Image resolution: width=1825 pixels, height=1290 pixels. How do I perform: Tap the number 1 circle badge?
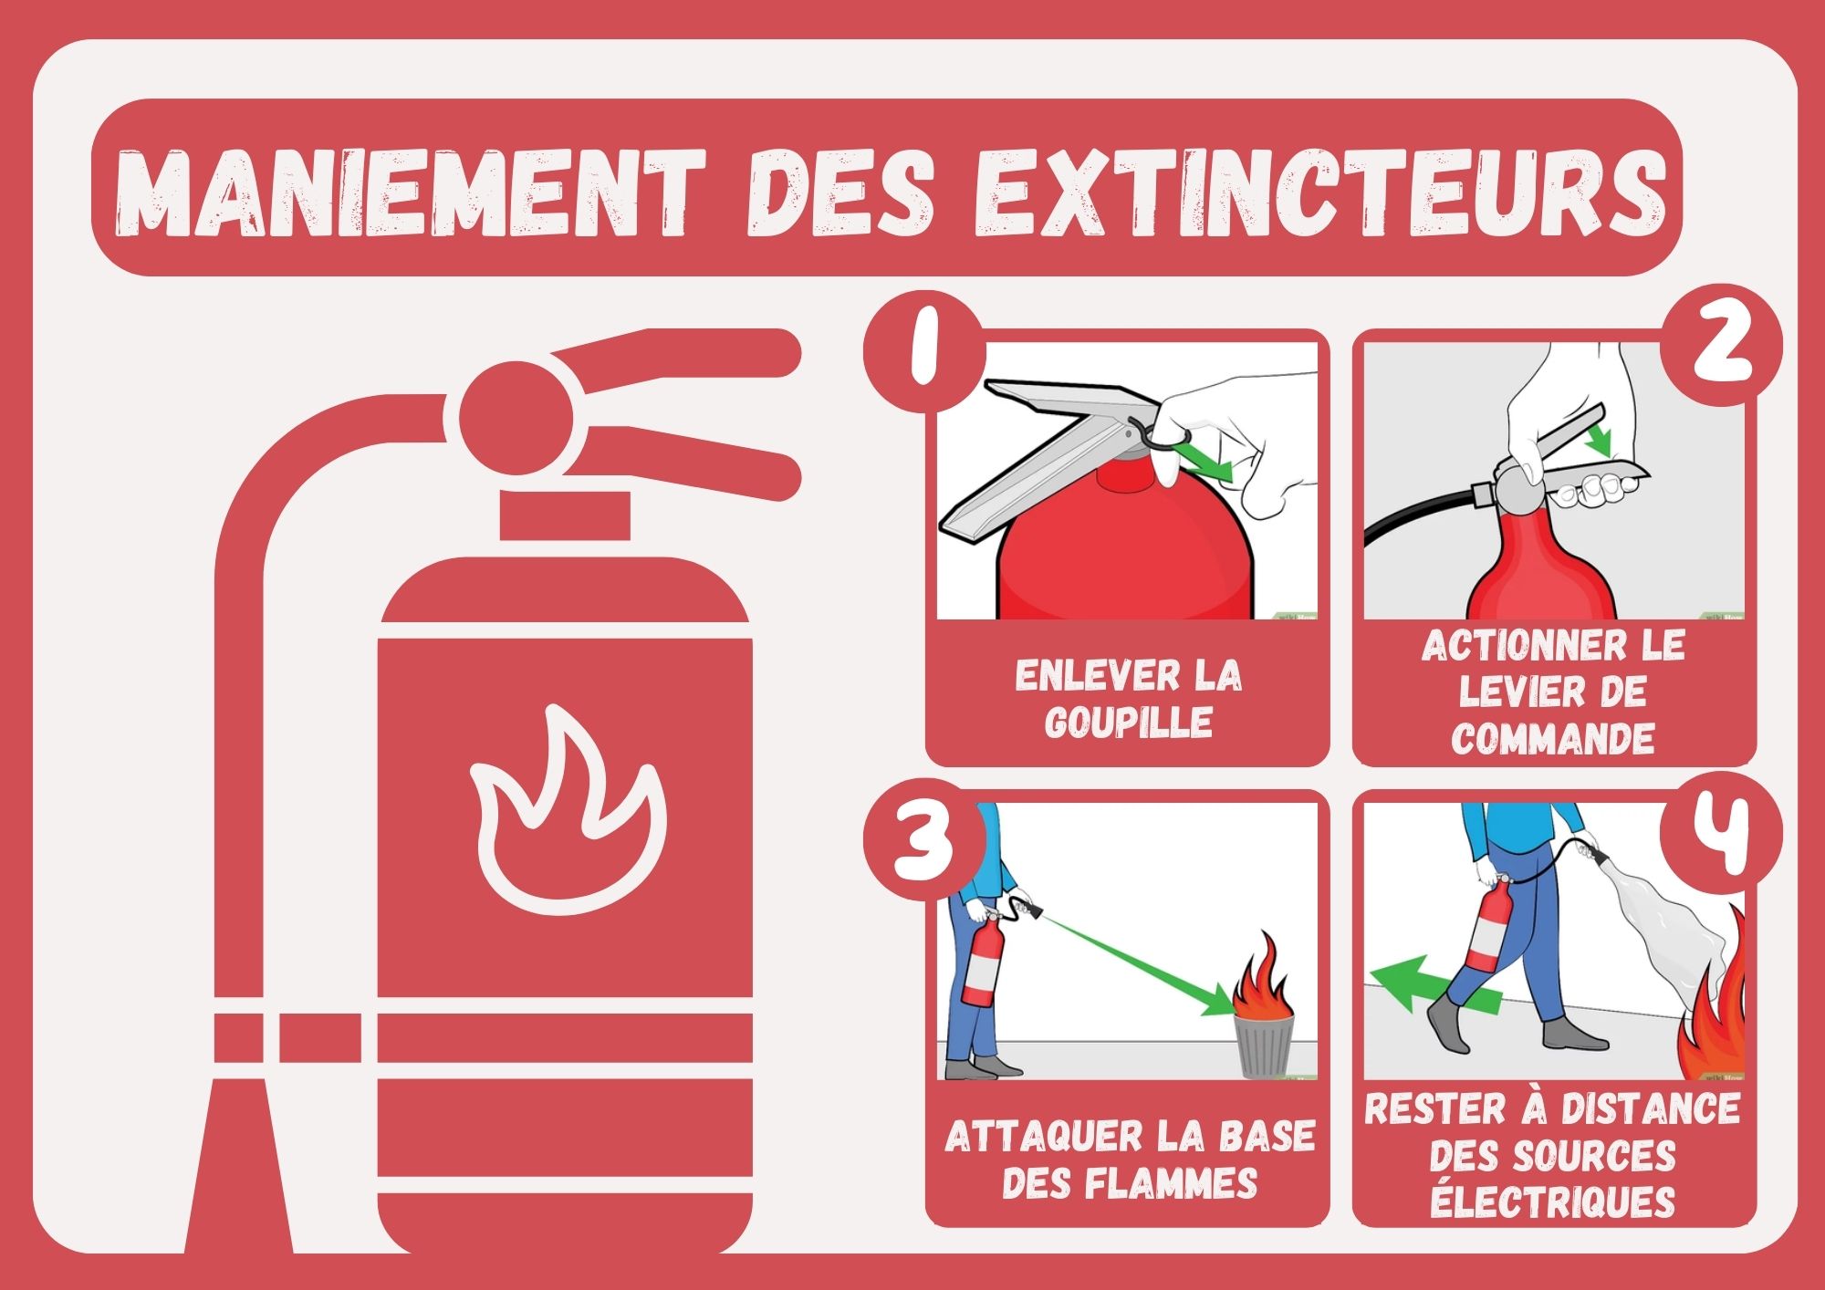tap(923, 356)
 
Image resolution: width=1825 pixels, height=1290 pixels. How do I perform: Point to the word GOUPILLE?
tap(1129, 723)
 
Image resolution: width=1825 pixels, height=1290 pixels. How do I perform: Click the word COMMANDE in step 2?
tap(1553, 738)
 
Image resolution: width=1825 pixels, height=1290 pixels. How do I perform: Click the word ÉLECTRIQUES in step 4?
tap(1553, 1202)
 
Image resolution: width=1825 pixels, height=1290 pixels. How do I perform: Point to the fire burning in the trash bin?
tap(1262, 985)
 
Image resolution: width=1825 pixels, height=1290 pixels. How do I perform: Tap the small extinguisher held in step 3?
tap(983, 958)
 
